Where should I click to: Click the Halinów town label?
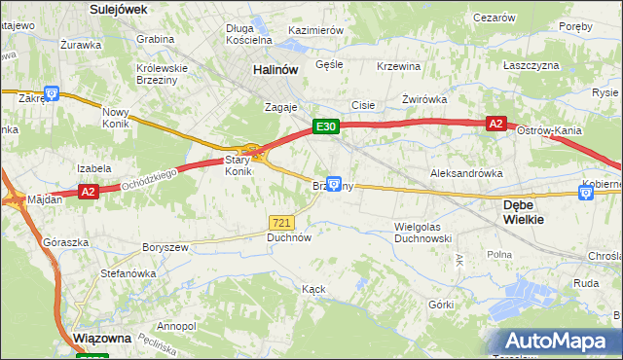pos(274,70)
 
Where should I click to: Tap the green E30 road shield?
pos(325,126)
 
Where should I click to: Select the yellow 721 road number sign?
pos(281,222)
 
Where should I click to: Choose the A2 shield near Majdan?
pos(88,192)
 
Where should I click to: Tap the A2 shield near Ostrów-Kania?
pos(495,124)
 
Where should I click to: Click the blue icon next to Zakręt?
pos(52,94)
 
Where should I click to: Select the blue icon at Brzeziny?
pos(334,183)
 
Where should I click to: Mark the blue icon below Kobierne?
pos(586,194)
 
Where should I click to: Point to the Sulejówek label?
pos(118,9)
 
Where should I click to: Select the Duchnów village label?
pos(288,236)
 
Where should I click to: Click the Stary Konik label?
pos(238,165)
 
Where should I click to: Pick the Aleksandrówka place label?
pos(466,172)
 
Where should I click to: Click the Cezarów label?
pos(493,18)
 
